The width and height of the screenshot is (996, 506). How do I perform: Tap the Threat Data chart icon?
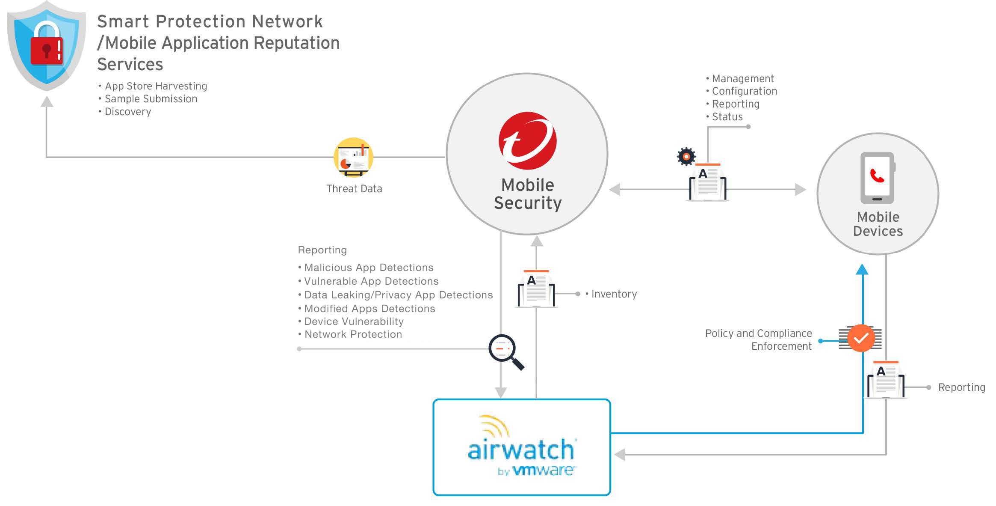[x=353, y=158]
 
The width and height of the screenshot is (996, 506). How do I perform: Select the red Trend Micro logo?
[x=527, y=140]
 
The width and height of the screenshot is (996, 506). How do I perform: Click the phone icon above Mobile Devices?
[x=878, y=178]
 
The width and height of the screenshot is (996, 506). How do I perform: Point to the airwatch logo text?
[x=521, y=449]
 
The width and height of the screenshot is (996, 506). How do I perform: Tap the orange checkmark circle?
[x=861, y=338]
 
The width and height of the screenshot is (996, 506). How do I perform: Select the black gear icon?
[x=686, y=157]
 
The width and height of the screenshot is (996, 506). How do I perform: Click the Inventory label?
[x=614, y=294]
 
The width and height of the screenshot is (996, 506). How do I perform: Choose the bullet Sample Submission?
[x=151, y=99]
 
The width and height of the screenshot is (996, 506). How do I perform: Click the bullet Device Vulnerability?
[x=354, y=321]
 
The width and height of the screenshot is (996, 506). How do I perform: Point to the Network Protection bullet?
[x=353, y=334]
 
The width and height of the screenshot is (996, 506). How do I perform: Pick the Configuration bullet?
[x=744, y=91]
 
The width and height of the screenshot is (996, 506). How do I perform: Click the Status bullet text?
[x=727, y=117]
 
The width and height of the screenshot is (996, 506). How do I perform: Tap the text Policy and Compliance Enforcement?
[x=759, y=339]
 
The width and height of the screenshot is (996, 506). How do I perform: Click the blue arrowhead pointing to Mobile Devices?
[x=862, y=270]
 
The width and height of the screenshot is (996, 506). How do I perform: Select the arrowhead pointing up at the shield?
[x=47, y=102]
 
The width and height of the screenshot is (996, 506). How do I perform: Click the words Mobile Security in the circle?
[x=528, y=194]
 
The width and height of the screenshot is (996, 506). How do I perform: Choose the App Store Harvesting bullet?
[x=156, y=86]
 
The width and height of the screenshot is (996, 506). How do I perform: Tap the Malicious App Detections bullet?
[x=369, y=268]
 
